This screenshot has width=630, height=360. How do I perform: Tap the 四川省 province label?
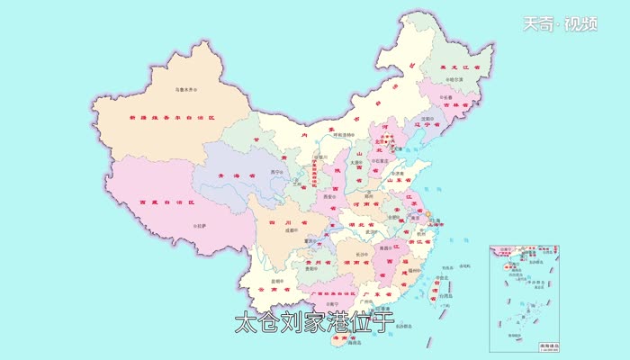pyautogui.click(x=286, y=220)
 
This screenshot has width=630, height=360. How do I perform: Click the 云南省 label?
pyautogui.click(x=267, y=289)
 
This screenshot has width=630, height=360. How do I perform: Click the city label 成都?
pyautogui.click(x=288, y=229)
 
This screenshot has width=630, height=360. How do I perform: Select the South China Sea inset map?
pyautogui.click(x=524, y=297)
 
